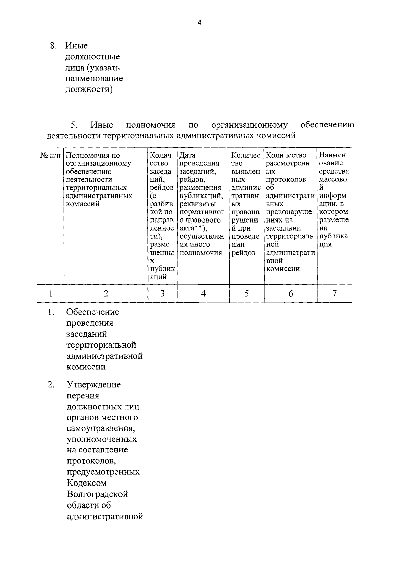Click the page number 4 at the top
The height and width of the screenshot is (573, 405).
pos(199,23)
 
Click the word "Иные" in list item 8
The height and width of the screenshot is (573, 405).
pos(77,46)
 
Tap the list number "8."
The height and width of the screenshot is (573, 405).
pos(53,46)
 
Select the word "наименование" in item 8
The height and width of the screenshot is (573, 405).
pos(94,79)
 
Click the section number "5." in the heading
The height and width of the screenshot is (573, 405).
pos(74,125)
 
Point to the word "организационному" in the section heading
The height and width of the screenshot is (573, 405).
pos(249,125)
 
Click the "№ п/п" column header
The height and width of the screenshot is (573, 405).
pos(51,155)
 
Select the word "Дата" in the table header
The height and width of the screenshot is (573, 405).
pos(187,155)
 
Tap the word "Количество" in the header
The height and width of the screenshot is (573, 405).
pos(286,155)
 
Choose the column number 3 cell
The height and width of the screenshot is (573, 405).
pos(162,294)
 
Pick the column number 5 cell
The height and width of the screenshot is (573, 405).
pos(247,294)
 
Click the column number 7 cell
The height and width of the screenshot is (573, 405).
pos(334,294)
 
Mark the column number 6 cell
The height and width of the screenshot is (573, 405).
pos(291,294)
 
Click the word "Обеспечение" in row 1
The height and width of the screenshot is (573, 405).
pos(93,312)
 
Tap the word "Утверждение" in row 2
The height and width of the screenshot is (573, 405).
pos(94,385)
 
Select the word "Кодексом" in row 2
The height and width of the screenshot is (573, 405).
pos(87,483)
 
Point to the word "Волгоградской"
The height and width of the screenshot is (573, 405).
pos(97,494)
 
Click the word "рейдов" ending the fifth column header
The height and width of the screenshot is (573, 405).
pos(244,253)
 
